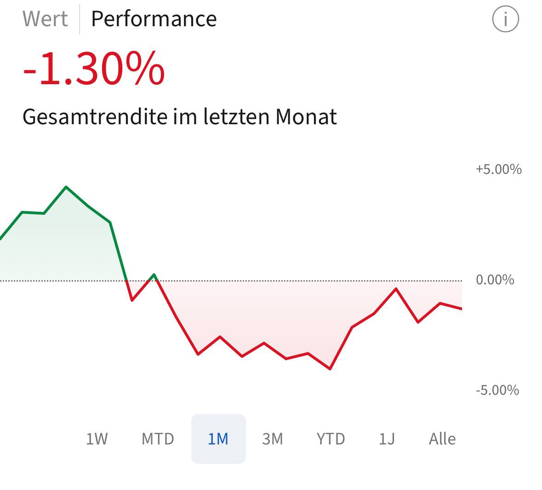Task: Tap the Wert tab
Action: click(x=45, y=19)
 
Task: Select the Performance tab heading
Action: click(x=154, y=19)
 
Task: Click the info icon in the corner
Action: click(x=505, y=19)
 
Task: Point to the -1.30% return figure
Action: click(x=94, y=69)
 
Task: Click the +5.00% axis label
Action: click(x=498, y=169)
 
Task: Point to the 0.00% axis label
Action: click(x=495, y=280)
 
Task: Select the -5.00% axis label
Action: click(x=497, y=390)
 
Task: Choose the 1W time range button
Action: click(x=97, y=439)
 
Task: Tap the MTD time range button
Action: click(x=158, y=439)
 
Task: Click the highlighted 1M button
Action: click(x=218, y=439)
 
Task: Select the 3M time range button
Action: click(x=272, y=439)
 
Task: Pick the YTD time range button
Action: click(x=331, y=439)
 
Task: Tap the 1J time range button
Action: click(x=387, y=439)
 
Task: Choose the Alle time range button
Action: click(x=442, y=439)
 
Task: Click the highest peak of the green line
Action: click(x=66, y=187)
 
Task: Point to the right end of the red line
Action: click(x=461, y=309)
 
